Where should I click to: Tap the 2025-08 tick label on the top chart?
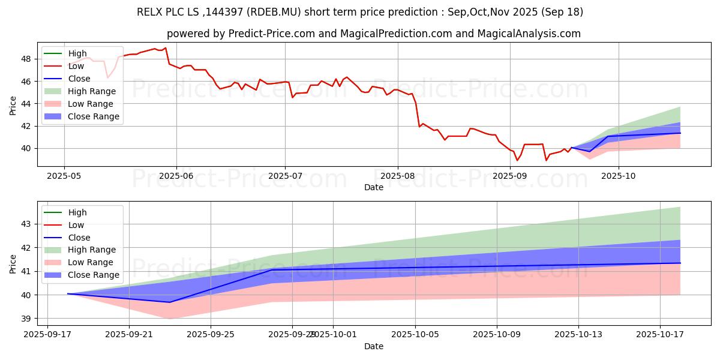pyautogui.click(x=397, y=175)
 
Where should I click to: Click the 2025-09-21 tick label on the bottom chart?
pyautogui.click(x=129, y=334)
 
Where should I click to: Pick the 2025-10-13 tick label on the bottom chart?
pyautogui.click(x=578, y=334)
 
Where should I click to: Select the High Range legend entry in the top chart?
pyautogui.click(x=92, y=91)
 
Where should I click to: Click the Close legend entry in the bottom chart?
pyautogui.click(x=79, y=237)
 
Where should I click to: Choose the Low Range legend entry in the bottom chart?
pyautogui.click(x=91, y=262)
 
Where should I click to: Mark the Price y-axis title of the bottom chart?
pyautogui.click(x=13, y=263)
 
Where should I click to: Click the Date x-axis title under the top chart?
pyautogui.click(x=373, y=187)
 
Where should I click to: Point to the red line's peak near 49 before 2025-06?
pyautogui.click(x=165, y=48)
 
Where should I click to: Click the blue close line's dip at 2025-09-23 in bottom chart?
pyautogui.click(x=170, y=302)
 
